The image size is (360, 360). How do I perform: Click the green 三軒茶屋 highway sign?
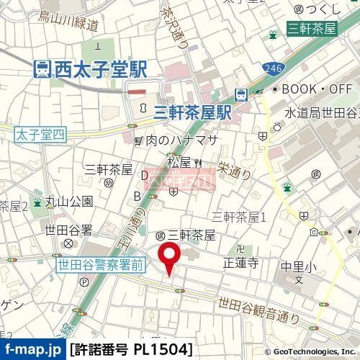pos(312,30)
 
